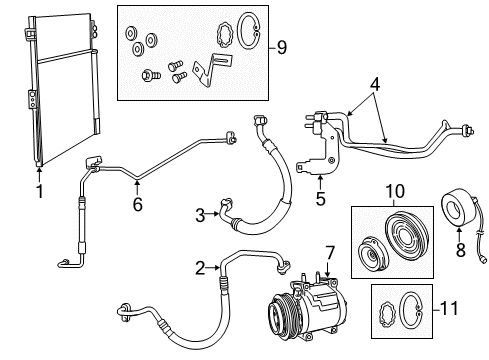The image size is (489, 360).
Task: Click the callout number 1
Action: (x=40, y=191)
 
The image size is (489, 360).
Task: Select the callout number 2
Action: (x=199, y=268)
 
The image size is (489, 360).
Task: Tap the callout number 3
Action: (x=200, y=213)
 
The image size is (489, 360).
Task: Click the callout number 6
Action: (x=137, y=204)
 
